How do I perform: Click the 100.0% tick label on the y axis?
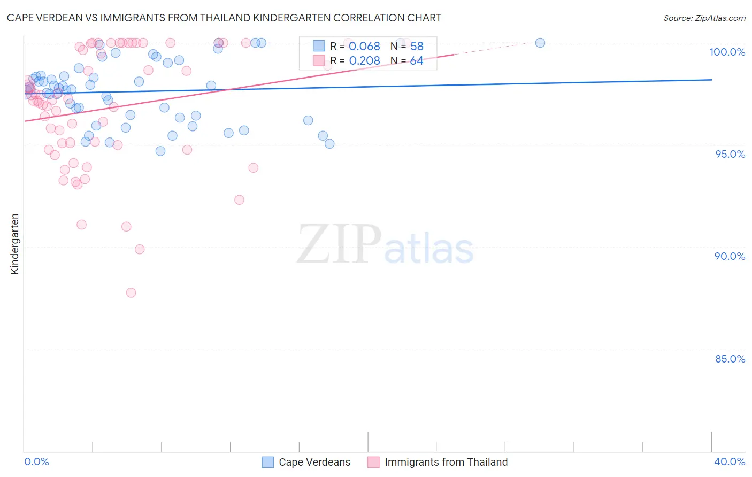point(727,52)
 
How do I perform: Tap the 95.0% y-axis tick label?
point(730,154)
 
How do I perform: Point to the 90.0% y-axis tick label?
point(730,256)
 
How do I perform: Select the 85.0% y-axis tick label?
point(730,359)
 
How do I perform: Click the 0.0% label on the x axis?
point(36,461)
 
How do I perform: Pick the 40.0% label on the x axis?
point(730,461)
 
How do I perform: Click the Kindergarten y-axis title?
point(14,244)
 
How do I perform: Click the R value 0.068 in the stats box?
point(364,47)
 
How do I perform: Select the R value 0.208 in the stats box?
point(364,61)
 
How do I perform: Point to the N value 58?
point(417,47)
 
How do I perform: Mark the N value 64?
point(417,61)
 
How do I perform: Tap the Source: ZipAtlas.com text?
point(704,18)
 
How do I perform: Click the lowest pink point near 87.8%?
point(131,293)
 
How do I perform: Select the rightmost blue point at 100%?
point(540,43)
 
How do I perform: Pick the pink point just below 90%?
point(140,249)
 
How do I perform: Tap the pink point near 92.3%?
point(239,200)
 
